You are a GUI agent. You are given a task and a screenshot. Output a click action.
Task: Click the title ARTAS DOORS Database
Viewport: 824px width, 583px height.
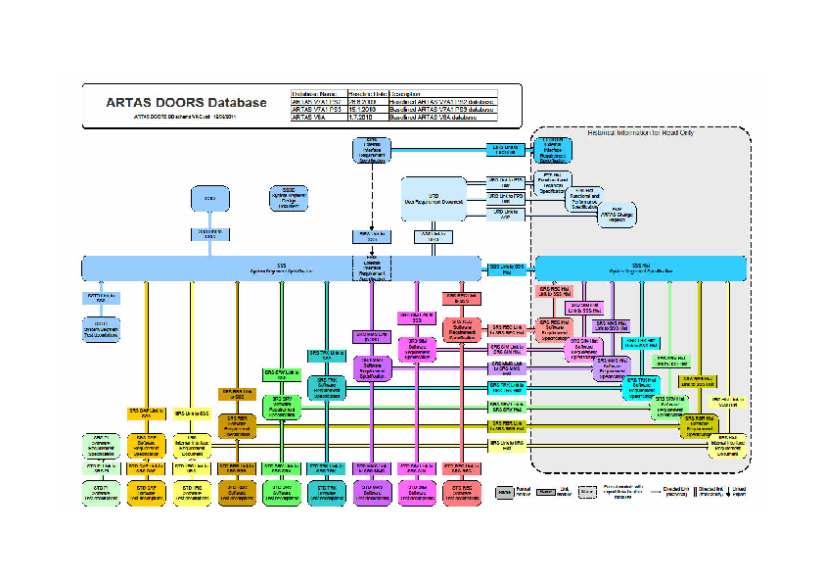pos(186,102)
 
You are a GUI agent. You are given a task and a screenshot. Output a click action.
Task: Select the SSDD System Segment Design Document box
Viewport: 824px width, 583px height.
pos(288,198)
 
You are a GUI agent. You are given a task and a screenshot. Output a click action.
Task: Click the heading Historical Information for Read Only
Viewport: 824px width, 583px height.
pos(641,132)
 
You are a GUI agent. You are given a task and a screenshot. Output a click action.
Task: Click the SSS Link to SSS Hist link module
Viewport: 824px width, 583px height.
pos(505,267)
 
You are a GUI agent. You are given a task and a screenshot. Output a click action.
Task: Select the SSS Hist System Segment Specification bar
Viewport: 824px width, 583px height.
pos(642,267)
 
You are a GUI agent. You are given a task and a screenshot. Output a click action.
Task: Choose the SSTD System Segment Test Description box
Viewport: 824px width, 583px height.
pos(101,329)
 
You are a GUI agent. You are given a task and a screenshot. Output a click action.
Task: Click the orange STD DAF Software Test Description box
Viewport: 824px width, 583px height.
pos(147,493)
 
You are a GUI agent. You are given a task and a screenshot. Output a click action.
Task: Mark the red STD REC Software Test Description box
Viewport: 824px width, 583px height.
pos(461,493)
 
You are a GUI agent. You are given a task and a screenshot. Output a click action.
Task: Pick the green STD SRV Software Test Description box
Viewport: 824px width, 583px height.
pos(281,493)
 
